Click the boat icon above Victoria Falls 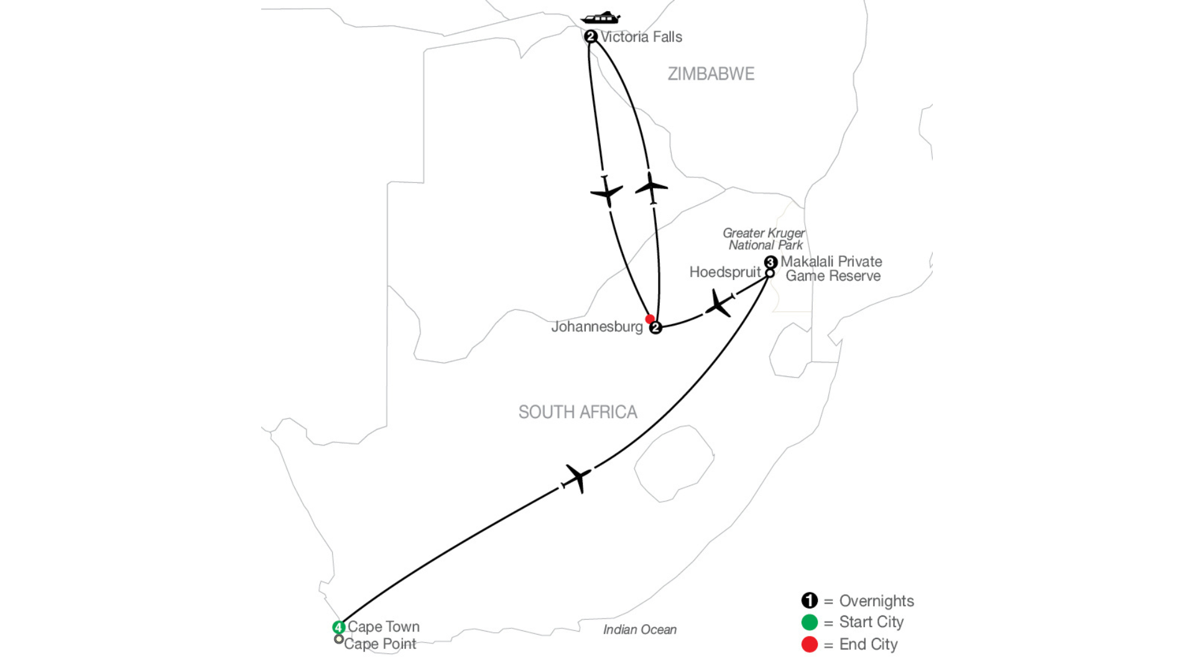coord(600,17)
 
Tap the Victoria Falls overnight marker coord(591,37)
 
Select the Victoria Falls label coord(641,37)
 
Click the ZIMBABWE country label coord(711,74)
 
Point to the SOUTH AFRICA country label coord(578,412)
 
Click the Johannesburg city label coord(597,327)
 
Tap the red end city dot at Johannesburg coord(650,319)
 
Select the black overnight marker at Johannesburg coord(655,328)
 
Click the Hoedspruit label coord(725,273)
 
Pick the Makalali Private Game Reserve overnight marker coord(771,262)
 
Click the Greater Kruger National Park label coord(764,239)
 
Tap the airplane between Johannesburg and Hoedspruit coord(718,304)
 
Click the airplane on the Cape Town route coord(577,478)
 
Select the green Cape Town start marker coord(339,627)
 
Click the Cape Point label coord(380,644)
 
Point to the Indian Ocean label coord(640,630)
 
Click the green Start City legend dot coord(810,622)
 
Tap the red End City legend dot coord(810,645)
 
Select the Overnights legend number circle coord(810,600)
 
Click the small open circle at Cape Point coord(339,639)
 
